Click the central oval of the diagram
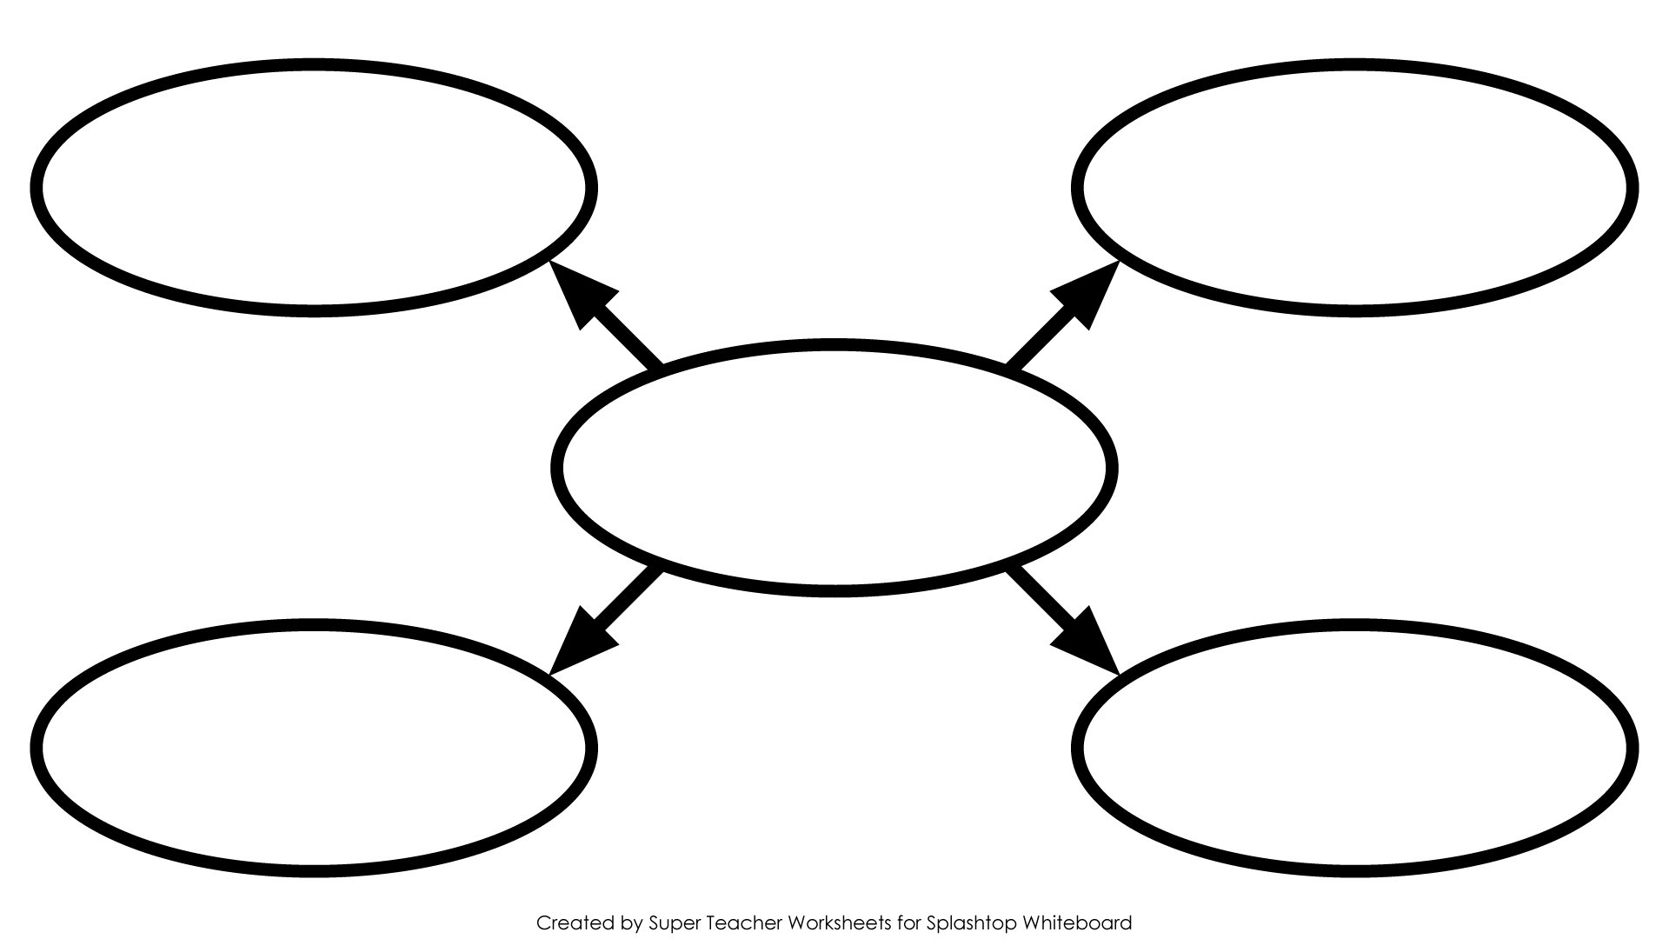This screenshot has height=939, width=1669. point(834,346)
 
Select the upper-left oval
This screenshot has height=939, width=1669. point(314,65)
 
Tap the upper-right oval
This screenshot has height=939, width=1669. point(1354,65)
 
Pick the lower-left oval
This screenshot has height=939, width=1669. point(314,625)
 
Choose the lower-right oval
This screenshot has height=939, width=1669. point(1354,625)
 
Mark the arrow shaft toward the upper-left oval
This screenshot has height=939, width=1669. point(626,337)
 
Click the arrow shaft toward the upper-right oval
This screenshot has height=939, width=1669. point(1041,337)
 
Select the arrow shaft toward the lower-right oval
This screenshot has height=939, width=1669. point(1041,599)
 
